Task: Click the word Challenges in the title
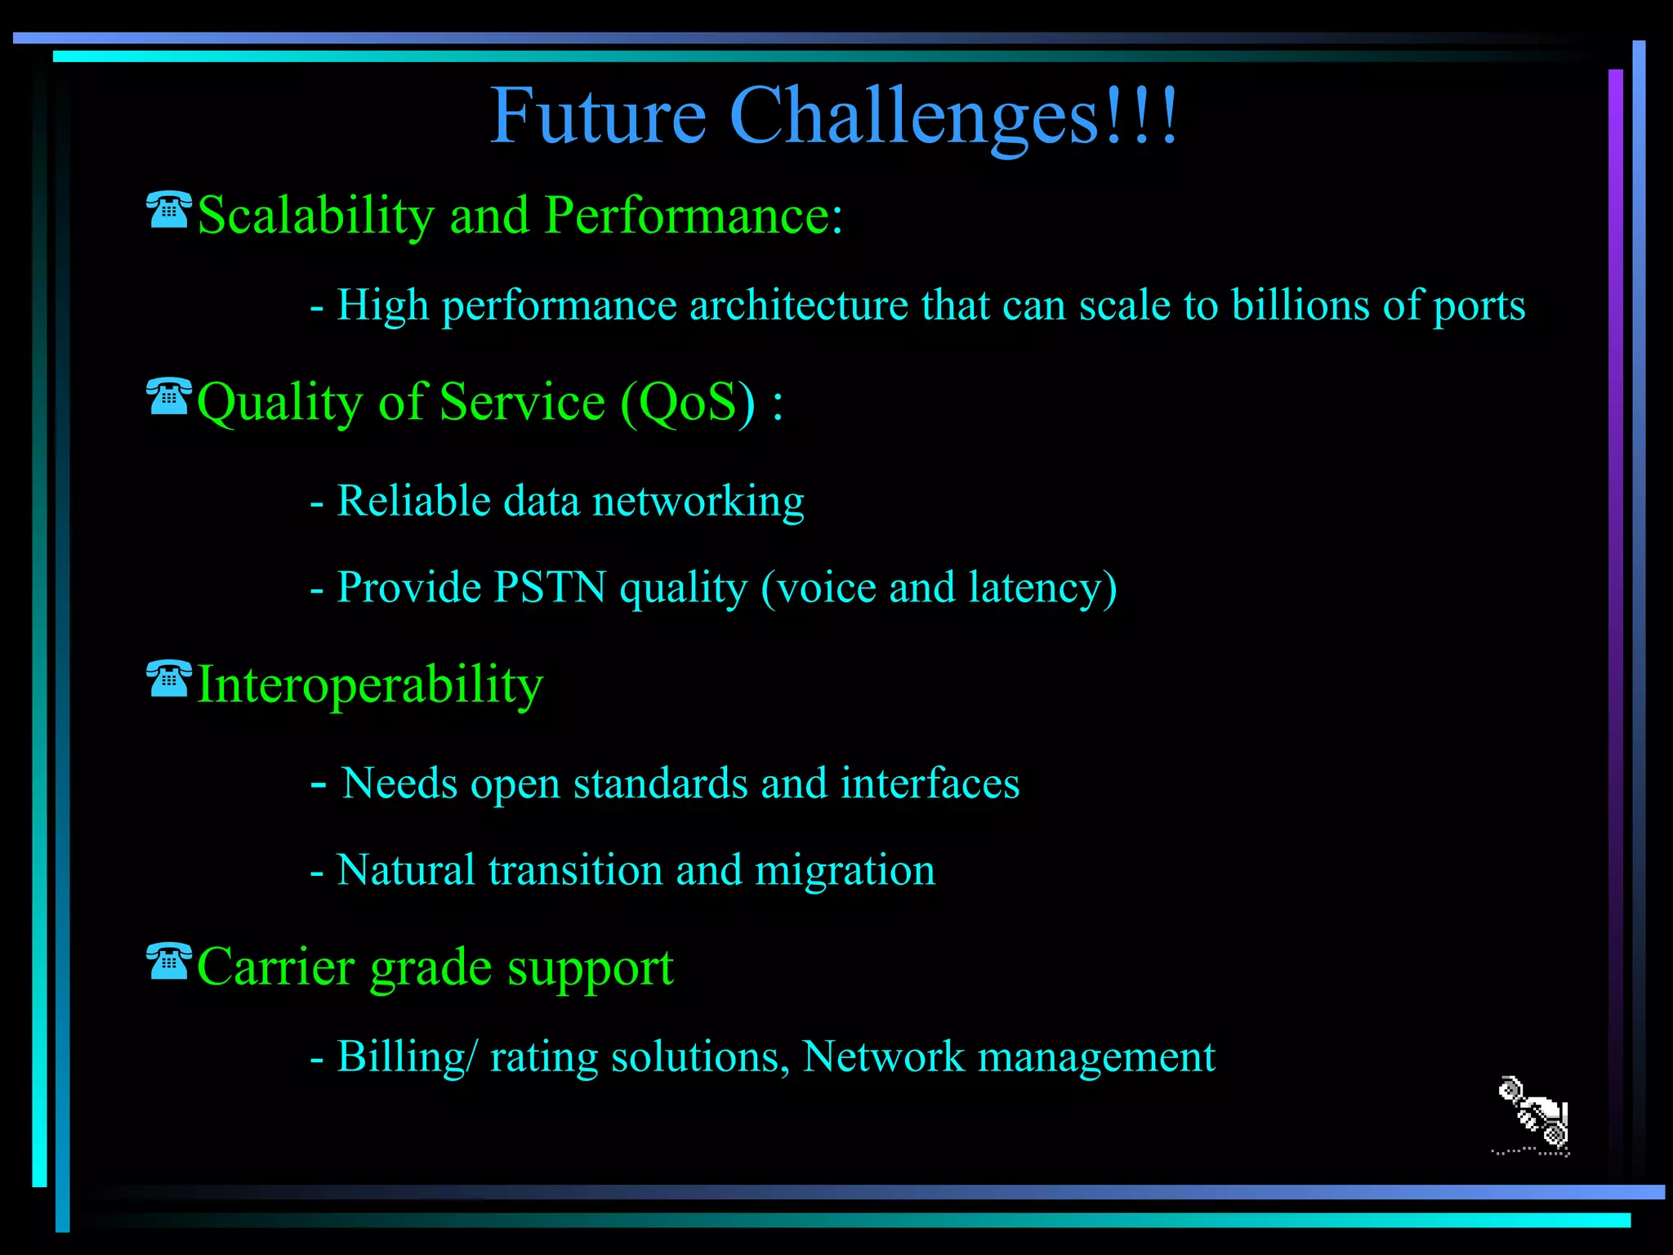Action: click(914, 117)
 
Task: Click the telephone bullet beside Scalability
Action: click(169, 210)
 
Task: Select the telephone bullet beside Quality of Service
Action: click(169, 397)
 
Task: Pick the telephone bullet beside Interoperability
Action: click(169, 679)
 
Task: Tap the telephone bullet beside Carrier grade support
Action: click(169, 961)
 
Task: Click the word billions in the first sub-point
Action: click(1300, 305)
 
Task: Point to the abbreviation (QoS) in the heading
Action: click(688, 402)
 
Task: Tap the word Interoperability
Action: click(370, 685)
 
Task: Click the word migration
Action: click(845, 870)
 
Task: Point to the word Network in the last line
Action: click(883, 1056)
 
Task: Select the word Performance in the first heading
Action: click(693, 216)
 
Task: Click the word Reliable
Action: click(413, 501)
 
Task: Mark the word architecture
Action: click(798, 305)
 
